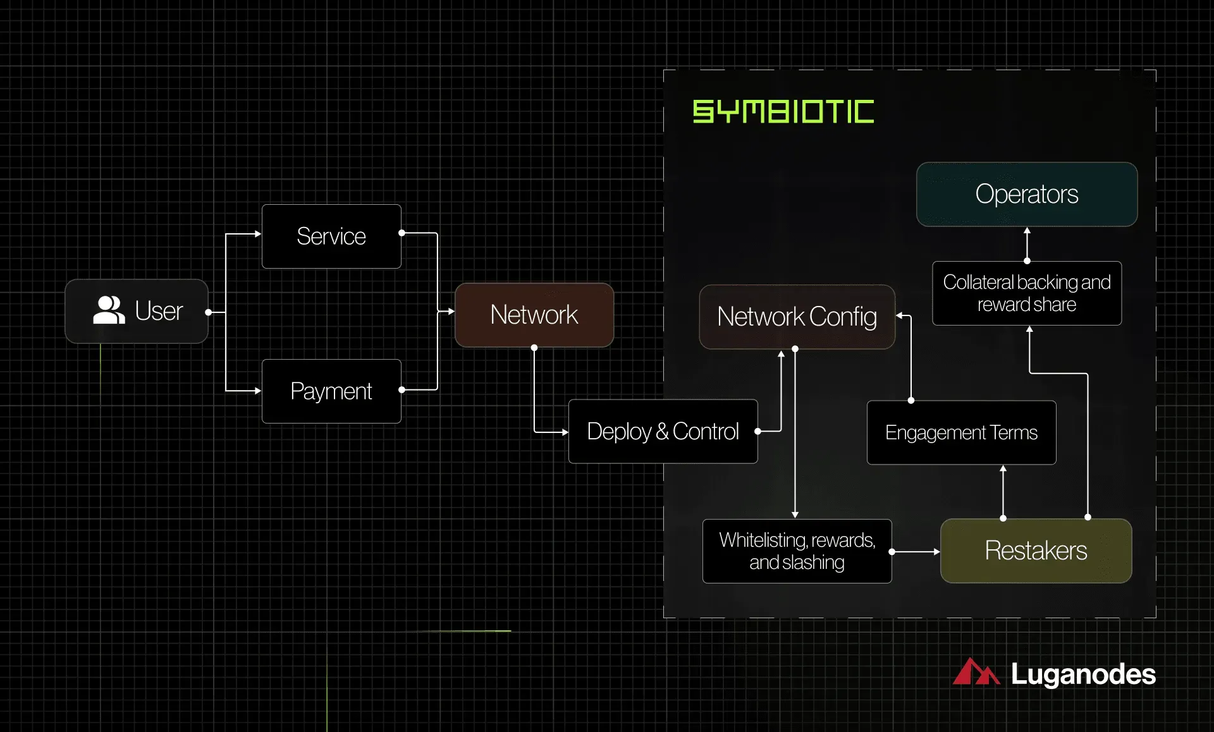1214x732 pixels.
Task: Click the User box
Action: [137, 311]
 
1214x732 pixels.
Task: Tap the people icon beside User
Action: [109, 310]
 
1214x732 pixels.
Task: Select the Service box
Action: [331, 236]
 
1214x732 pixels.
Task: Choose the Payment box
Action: [331, 391]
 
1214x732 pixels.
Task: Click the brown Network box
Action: [534, 315]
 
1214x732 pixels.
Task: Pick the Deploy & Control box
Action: [663, 431]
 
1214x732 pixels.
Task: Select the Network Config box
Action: [797, 317]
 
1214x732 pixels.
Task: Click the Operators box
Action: [1027, 194]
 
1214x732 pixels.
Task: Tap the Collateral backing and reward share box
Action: [1027, 293]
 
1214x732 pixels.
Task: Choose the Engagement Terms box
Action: [962, 432]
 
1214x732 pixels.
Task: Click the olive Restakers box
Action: [1036, 551]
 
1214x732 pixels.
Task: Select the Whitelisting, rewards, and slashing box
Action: [797, 551]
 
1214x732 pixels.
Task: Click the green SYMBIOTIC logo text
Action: [783, 111]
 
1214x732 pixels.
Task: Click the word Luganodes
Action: [1083, 674]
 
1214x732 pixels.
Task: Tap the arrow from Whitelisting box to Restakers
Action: [916, 552]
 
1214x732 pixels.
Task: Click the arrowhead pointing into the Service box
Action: [258, 234]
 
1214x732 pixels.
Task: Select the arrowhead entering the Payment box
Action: [258, 391]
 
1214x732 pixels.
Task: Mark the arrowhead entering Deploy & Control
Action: [565, 432]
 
